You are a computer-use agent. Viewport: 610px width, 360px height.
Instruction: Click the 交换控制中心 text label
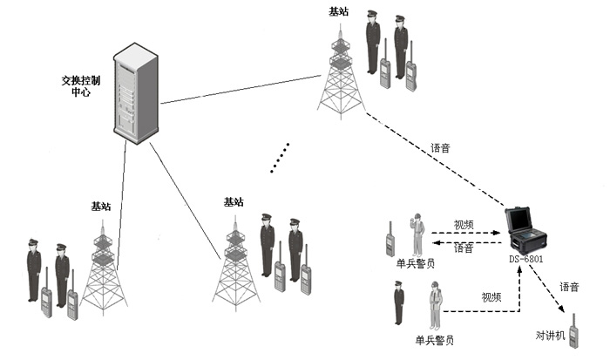tap(81, 85)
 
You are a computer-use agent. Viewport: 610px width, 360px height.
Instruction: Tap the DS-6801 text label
tap(528, 259)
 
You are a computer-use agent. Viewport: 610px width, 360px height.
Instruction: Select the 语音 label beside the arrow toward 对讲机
tap(569, 286)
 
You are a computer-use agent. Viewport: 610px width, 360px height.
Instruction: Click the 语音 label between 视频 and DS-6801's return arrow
tap(464, 248)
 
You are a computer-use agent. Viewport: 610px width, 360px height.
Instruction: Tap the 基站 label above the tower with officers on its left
tap(101, 207)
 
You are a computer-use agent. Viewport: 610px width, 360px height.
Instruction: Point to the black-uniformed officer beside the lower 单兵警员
tap(398, 304)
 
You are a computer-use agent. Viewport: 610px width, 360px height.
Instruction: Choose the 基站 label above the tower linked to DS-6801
tap(338, 12)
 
